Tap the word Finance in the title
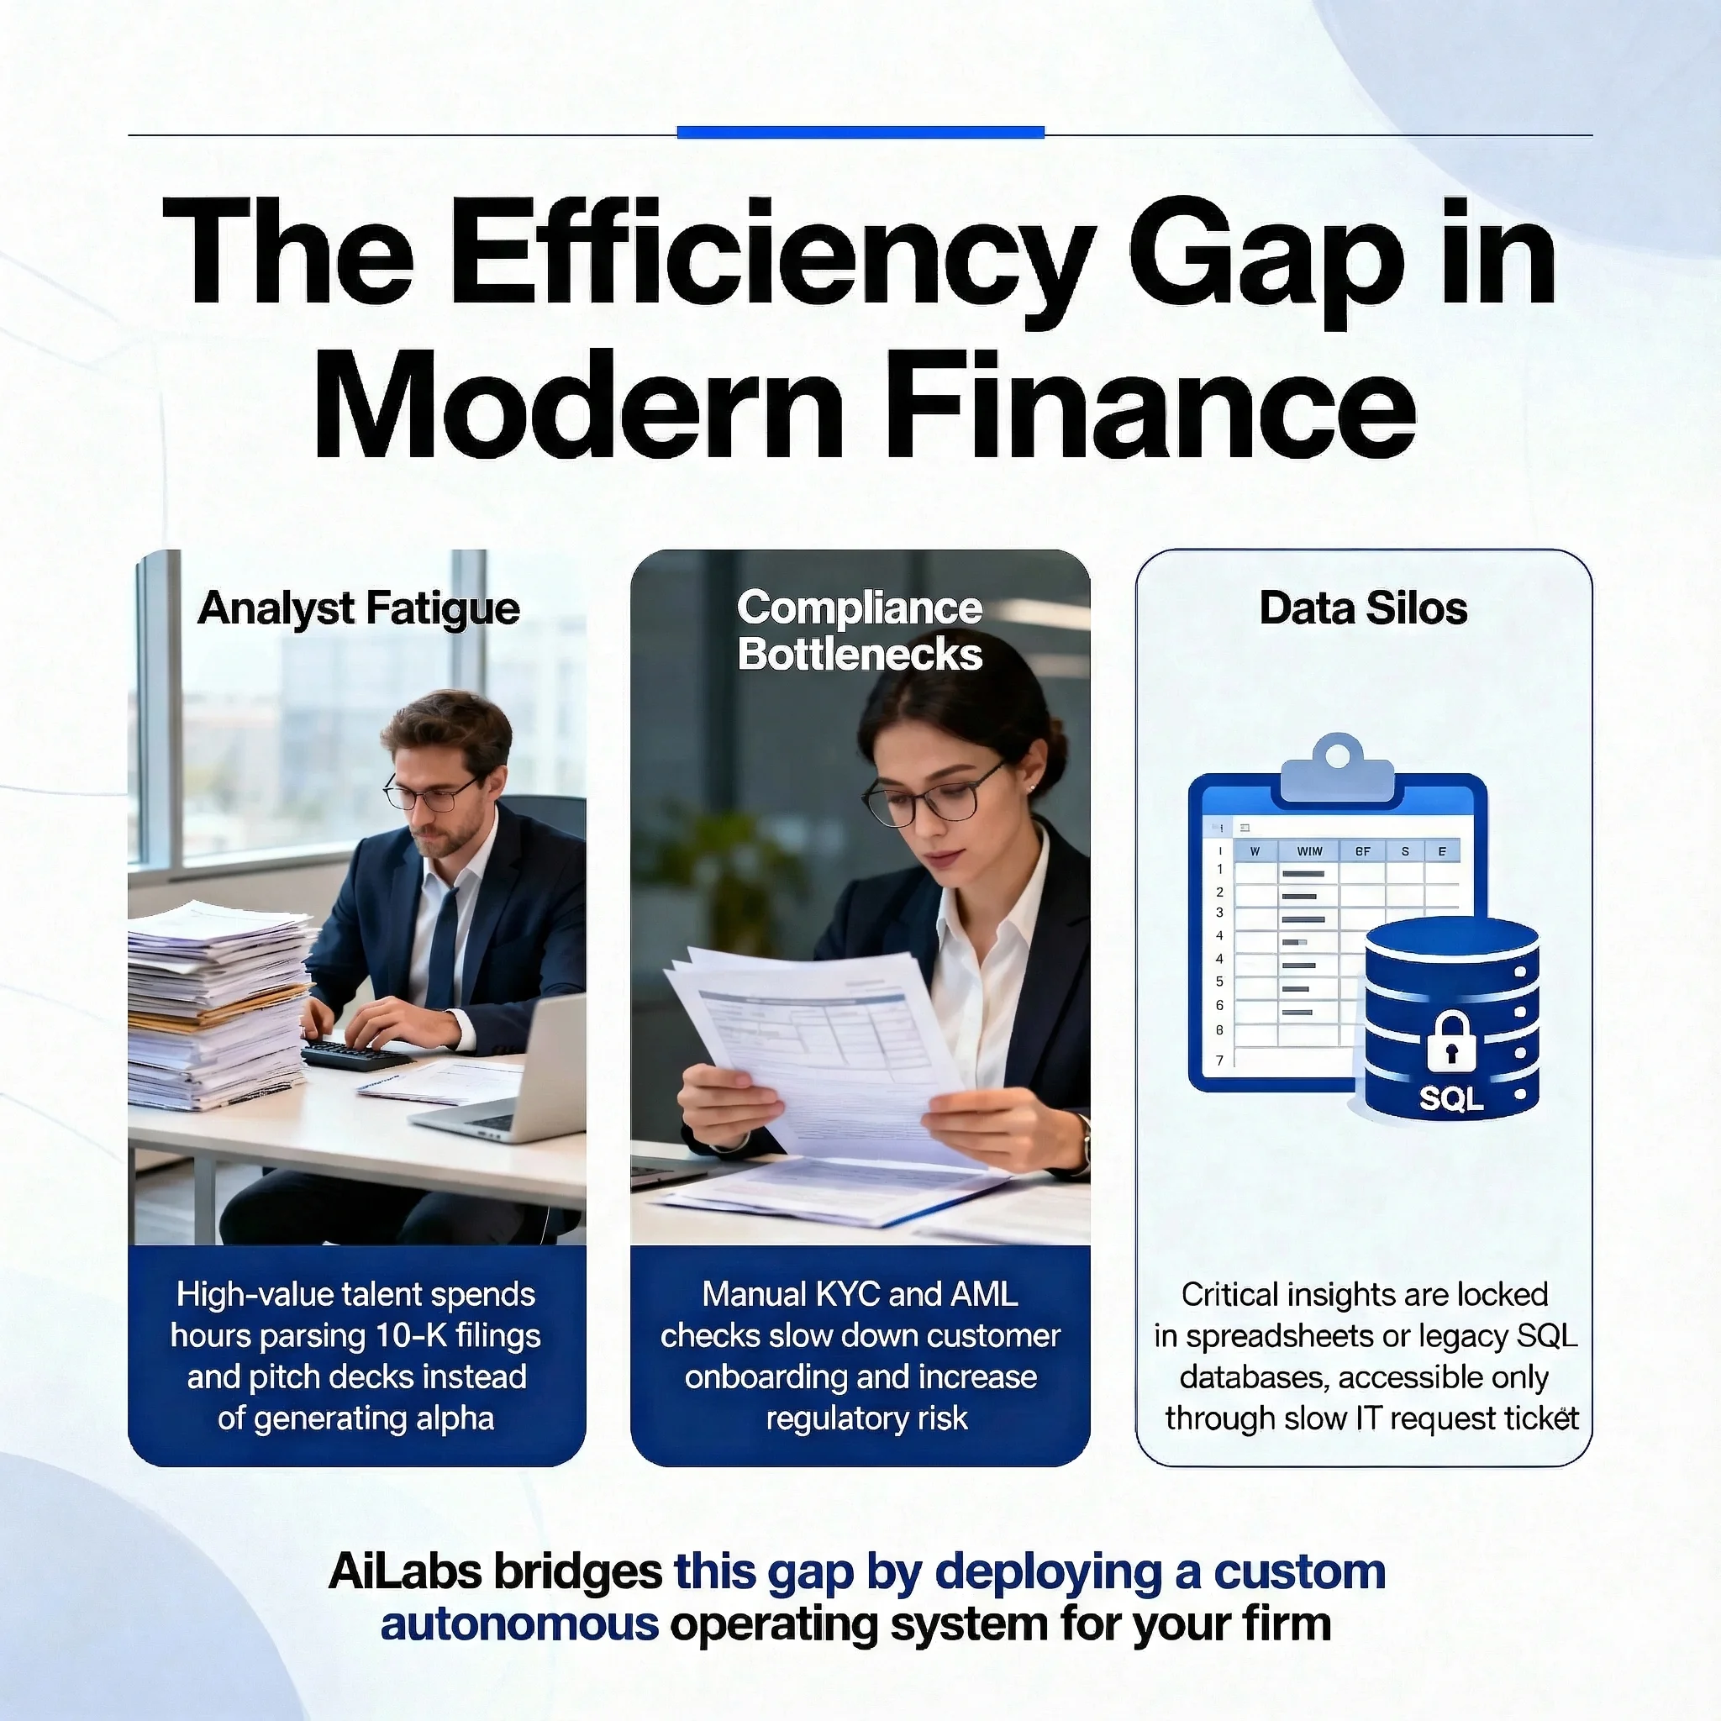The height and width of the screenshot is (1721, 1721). [1148, 404]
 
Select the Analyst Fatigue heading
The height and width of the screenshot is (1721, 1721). [358, 610]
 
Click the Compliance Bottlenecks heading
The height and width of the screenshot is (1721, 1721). [860, 631]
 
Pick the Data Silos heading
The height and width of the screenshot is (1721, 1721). [1363, 609]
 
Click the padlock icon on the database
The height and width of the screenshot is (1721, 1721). [1451, 1040]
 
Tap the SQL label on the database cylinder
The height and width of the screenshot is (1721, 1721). [1451, 1098]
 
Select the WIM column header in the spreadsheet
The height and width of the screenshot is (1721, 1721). [1308, 851]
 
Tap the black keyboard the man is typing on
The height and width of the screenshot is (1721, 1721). [356, 1055]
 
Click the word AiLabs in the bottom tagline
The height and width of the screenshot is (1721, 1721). [405, 1572]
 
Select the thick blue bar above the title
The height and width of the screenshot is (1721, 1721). [860, 133]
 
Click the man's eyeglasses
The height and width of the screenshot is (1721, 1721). [431, 792]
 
